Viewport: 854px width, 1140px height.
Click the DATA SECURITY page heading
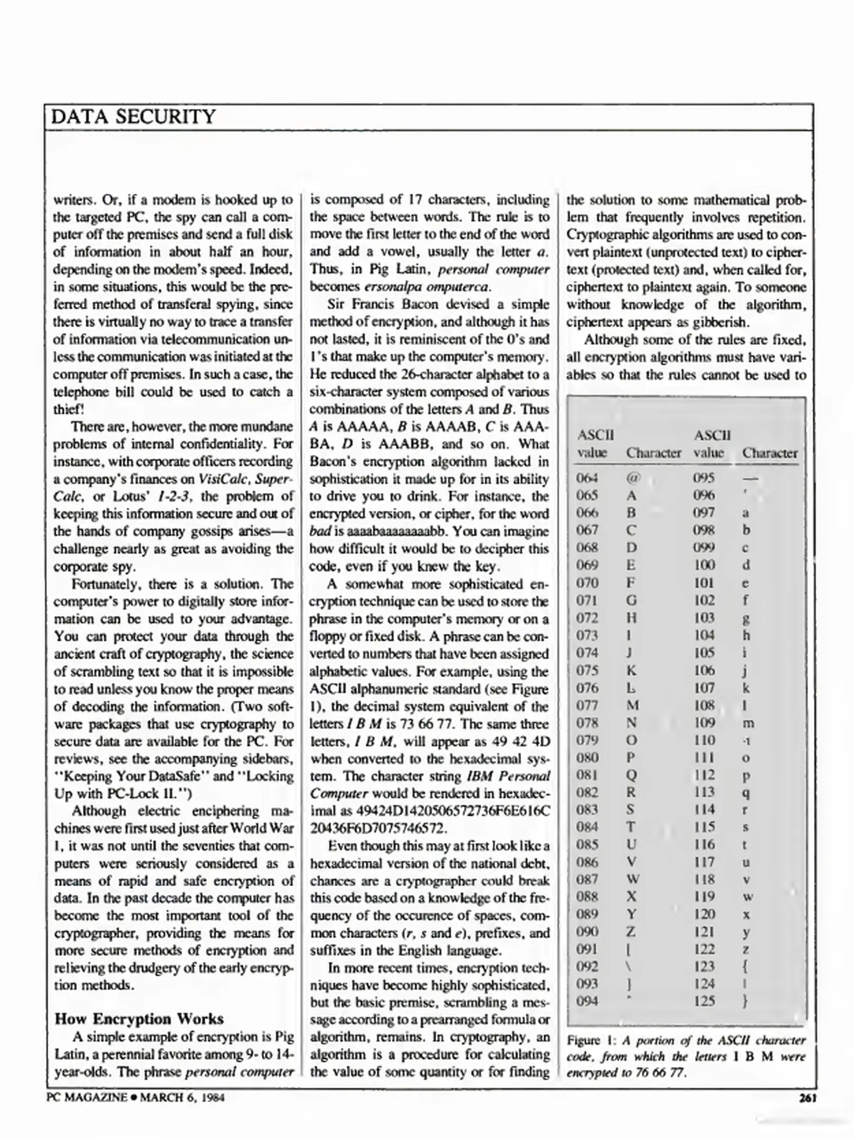134,117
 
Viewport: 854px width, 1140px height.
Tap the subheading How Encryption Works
139,1019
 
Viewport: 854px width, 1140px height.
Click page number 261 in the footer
808,1098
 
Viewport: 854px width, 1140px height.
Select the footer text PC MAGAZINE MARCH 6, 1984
136,1098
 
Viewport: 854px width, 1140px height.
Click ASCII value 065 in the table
587,495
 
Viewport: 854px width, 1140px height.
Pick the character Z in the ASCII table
631,932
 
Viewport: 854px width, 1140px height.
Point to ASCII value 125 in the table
704,1001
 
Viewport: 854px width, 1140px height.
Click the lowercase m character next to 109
748,723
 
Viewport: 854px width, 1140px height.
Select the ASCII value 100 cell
704,565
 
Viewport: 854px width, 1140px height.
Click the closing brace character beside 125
745,1001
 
